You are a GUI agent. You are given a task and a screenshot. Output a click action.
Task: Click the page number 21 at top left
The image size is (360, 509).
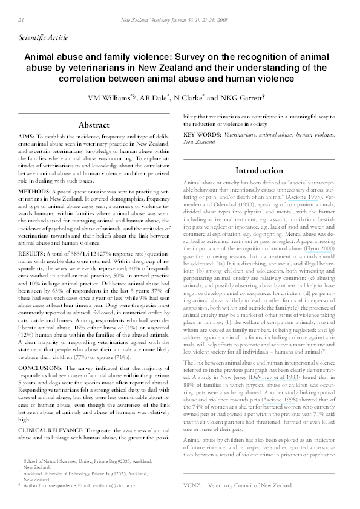(14, 19)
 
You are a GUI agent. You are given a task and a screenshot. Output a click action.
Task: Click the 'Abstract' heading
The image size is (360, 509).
(94, 125)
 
